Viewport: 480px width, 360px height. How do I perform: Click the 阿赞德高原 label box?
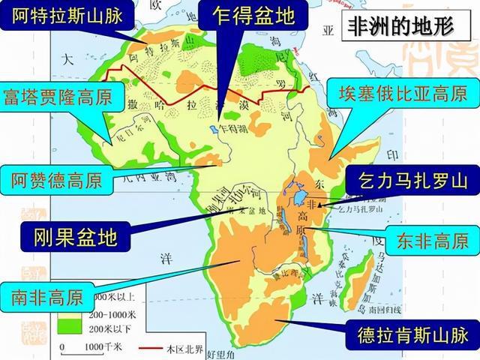pos(57,180)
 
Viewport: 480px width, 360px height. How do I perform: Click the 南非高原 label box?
pos(46,293)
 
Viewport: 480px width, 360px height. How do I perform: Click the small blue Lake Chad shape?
pos(214,128)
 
